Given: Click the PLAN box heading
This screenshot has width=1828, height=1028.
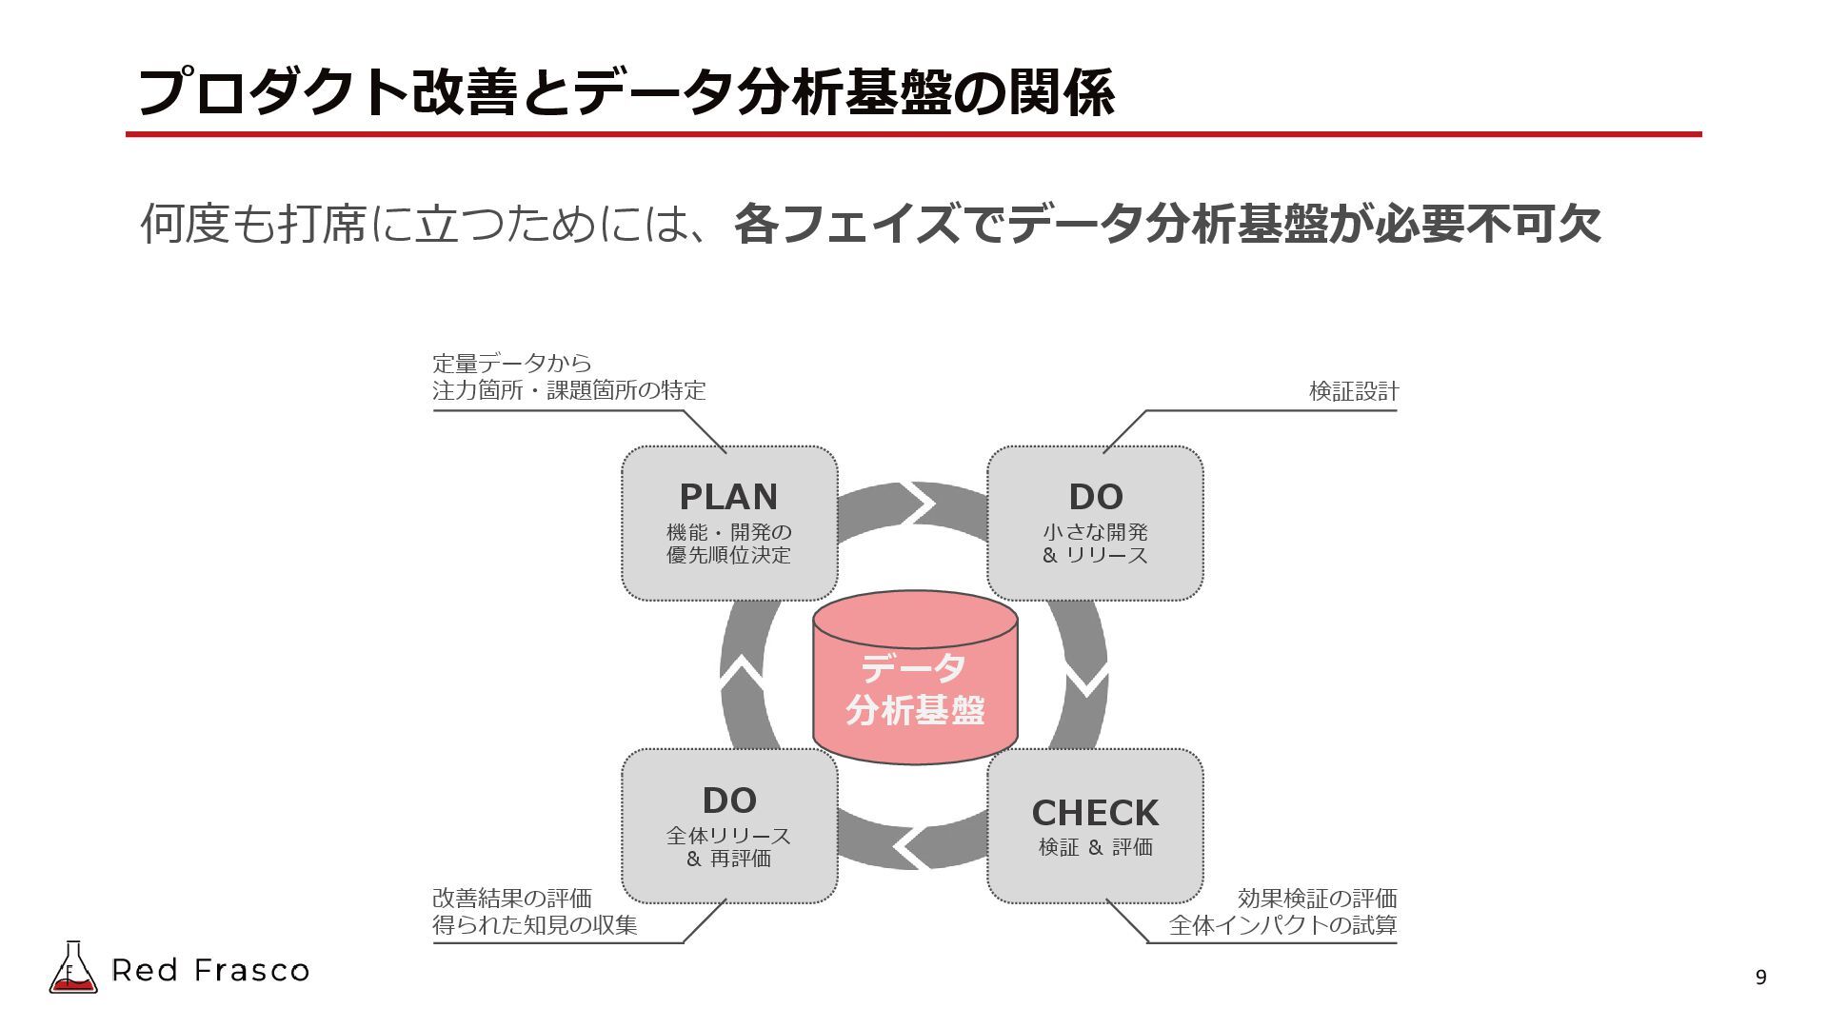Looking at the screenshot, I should click(x=728, y=497).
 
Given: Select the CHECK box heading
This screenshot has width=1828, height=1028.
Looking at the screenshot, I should click(x=1095, y=813).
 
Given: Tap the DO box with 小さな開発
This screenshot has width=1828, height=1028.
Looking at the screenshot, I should click(x=1095, y=524).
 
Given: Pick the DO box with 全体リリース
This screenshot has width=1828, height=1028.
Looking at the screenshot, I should click(x=729, y=826).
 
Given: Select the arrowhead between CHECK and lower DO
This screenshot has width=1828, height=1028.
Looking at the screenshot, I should click(x=911, y=844).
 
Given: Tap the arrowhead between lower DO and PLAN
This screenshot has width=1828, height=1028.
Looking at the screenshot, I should click(x=743, y=672).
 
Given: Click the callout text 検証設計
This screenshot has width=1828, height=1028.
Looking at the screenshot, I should click(x=1353, y=391).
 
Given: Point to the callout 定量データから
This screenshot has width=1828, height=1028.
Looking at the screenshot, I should click(x=512, y=363).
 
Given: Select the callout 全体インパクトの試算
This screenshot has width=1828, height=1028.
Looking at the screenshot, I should click(x=1282, y=925).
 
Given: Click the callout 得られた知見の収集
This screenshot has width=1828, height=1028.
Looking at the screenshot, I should click(x=535, y=925).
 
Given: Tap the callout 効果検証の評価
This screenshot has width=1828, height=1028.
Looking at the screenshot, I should click(x=1317, y=899).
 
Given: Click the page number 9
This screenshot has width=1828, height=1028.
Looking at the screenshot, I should click(x=1760, y=978).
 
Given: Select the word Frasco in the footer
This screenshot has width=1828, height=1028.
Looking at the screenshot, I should click(x=252, y=971).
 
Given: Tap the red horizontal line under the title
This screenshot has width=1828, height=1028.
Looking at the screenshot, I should click(x=913, y=135).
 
